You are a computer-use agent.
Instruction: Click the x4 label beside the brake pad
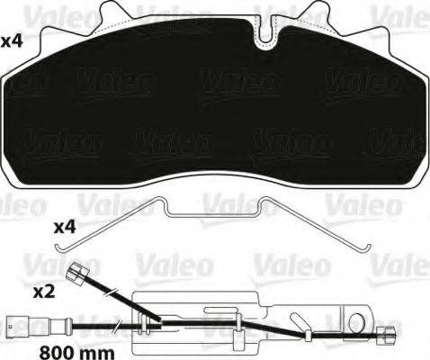[12, 41]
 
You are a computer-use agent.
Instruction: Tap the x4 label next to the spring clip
[65, 228]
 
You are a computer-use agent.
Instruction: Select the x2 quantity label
[44, 292]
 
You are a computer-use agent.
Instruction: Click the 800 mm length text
[77, 352]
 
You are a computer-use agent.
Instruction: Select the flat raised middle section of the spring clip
[213, 214]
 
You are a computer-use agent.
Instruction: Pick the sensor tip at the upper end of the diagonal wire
[77, 271]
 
